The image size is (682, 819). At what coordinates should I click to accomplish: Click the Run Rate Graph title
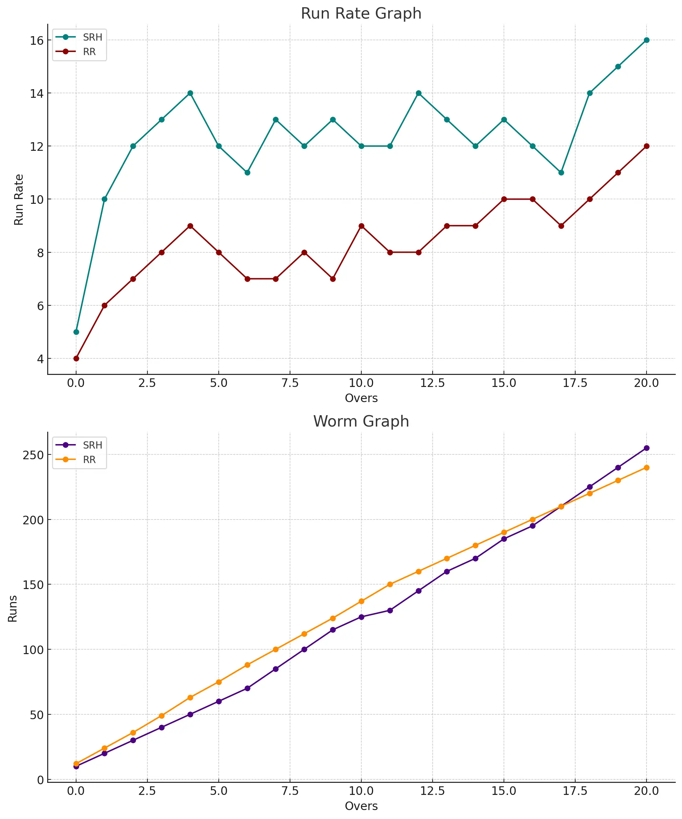click(361, 13)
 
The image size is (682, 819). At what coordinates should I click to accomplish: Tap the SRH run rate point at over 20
click(647, 40)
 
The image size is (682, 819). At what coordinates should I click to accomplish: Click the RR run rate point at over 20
click(647, 146)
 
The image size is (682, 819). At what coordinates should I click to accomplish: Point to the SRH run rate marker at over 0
click(76, 332)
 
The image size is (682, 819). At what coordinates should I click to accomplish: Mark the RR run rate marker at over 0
click(76, 358)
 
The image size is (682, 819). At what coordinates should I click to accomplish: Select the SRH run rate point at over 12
click(418, 93)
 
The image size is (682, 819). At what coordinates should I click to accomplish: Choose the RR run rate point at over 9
click(333, 279)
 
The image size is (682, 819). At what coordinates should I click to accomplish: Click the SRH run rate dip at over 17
click(561, 172)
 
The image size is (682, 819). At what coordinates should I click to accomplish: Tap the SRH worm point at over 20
click(647, 448)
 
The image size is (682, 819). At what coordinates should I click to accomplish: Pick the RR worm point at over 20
click(647, 468)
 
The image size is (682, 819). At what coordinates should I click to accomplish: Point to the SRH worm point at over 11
click(390, 610)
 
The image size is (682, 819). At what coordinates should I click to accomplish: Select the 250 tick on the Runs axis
click(33, 455)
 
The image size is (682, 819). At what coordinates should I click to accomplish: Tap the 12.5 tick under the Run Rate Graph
click(432, 383)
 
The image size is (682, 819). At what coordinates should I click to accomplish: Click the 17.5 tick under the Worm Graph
click(575, 791)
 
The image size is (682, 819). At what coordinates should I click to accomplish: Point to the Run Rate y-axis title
click(19, 200)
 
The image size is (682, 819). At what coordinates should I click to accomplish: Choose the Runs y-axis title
click(12, 609)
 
